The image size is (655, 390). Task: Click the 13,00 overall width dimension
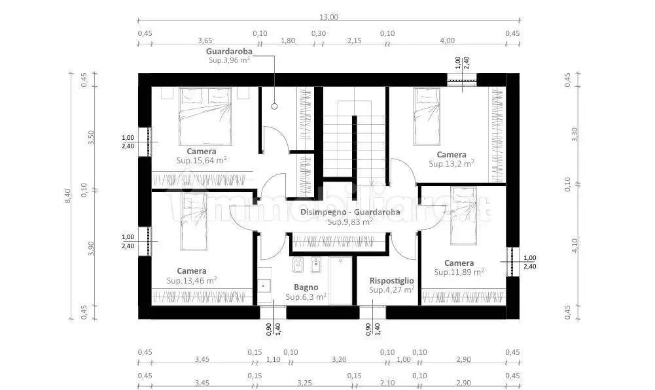coord(328,17)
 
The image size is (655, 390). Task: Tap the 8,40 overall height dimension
coord(67,196)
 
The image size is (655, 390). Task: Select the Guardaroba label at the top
coord(229,52)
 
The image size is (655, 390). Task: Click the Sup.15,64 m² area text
coord(202,160)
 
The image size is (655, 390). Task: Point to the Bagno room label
coord(306,287)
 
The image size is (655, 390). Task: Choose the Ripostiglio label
coord(391,281)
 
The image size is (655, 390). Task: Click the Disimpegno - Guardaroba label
coord(350,212)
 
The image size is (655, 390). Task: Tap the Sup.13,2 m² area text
coord(451,163)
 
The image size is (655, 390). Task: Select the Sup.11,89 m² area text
coord(459,272)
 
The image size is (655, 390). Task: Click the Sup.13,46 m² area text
coord(191,280)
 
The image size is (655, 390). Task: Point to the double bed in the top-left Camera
coord(205,116)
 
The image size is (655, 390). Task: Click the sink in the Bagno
coord(264,286)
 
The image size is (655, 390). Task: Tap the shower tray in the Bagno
coord(340,280)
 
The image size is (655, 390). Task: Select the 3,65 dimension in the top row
coord(205,41)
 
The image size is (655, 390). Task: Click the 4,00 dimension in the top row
coord(448,41)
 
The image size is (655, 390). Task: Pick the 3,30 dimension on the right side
coord(575,135)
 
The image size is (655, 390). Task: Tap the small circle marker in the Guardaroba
coord(274,106)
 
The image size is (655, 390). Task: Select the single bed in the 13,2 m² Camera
coord(427,116)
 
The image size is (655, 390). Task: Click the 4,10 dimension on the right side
coord(575,245)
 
